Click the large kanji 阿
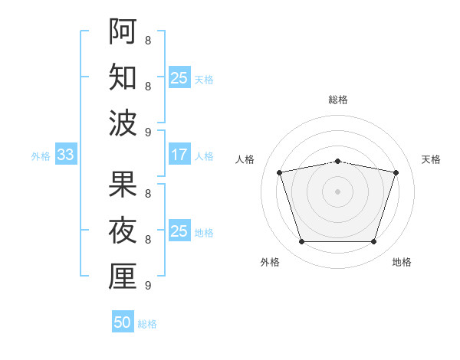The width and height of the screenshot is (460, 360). coord(123,31)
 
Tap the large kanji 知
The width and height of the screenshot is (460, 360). coord(123,77)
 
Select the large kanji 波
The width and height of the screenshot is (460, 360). coord(123,123)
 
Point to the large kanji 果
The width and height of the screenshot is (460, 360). coord(123,184)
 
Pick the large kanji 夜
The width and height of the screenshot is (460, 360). coord(123,230)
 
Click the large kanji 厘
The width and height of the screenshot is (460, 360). coord(123,276)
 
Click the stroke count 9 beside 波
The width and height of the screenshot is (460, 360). coord(148,133)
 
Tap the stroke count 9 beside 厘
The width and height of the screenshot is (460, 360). coord(148,285)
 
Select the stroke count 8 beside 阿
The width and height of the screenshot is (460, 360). coord(148,40)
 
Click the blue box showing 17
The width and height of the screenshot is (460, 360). coord(179,154)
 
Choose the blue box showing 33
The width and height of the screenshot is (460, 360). coord(66,154)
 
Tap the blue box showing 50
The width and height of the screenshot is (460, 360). coord(123,321)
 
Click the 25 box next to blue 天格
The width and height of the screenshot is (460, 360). coord(179,77)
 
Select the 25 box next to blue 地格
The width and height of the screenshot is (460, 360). coord(179,230)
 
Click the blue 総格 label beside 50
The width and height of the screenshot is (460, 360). coord(147,324)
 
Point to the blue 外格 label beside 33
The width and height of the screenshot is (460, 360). coord(41,156)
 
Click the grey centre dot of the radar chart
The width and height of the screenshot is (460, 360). coord(337,191)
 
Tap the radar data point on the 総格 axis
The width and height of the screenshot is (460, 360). coord(337,162)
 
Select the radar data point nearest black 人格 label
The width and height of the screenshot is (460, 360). coord(279,172)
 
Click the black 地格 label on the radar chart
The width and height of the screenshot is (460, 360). coord(402,262)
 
